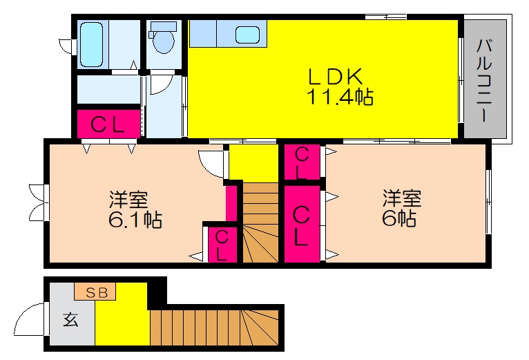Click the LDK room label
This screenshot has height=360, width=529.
coord(336,76)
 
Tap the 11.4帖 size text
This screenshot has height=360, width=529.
coord(339,97)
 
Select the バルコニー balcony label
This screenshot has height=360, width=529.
coord(484,80)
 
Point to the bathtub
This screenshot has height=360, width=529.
coord(91,44)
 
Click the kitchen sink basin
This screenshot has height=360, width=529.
coord(247,35)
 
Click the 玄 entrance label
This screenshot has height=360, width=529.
coord(71,319)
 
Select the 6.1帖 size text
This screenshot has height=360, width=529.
coord(135,220)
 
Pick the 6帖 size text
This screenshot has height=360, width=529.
coord(398,218)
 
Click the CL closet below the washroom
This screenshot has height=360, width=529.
coord(108,124)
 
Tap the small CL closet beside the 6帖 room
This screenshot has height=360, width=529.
coord(302,162)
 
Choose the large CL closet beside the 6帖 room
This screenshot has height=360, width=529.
coord(302,224)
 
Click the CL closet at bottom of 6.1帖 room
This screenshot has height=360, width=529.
coord(222,245)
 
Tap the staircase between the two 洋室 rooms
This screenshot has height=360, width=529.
coord(260,222)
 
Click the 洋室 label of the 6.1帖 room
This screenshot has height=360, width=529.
coord(128,200)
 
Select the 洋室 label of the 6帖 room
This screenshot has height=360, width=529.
coord(402,198)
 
